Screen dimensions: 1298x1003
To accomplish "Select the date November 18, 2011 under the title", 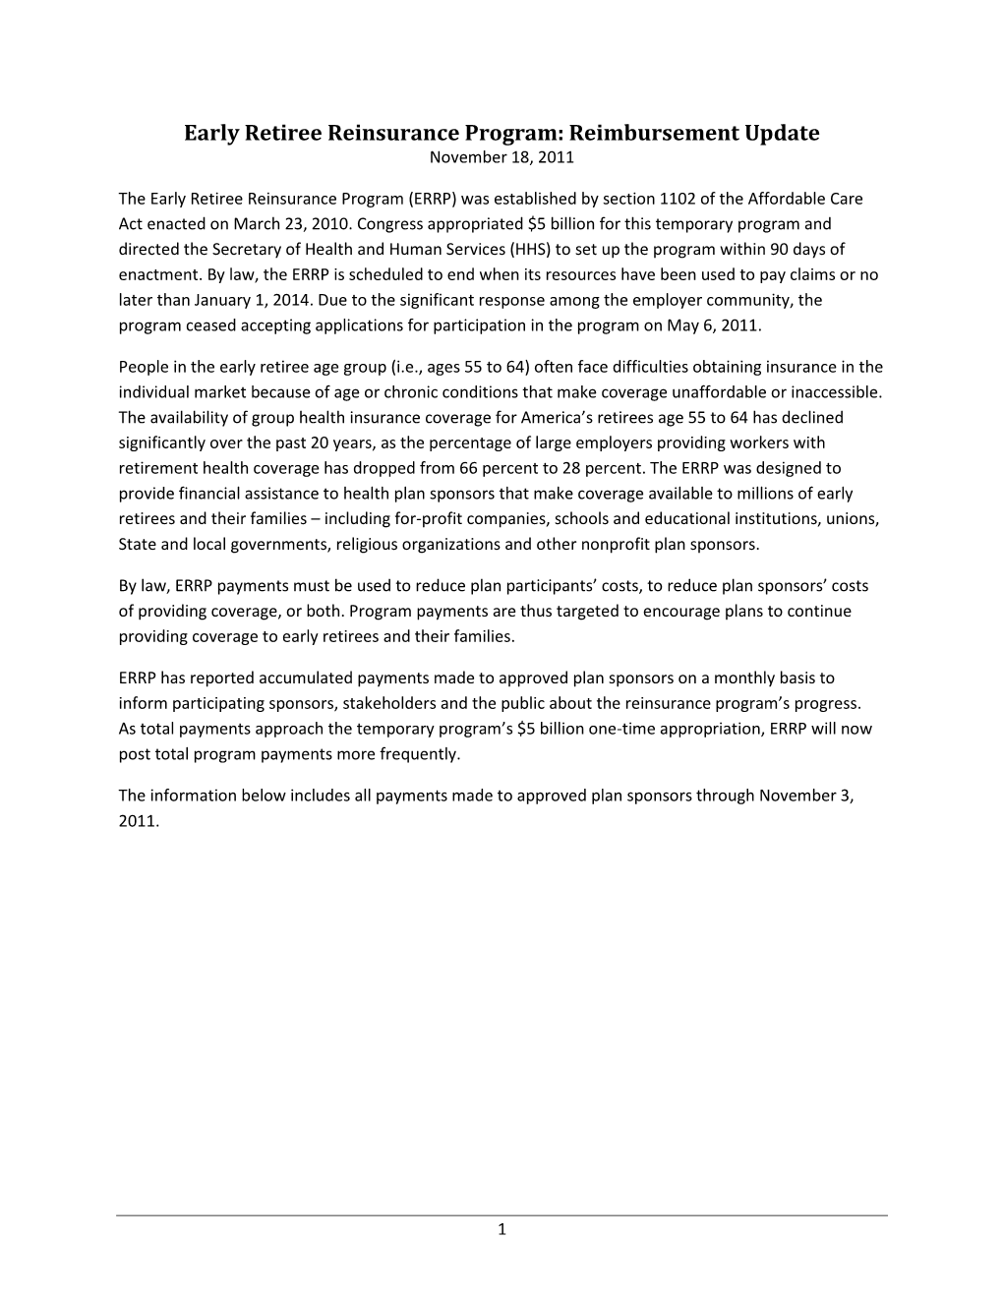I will click(501, 156).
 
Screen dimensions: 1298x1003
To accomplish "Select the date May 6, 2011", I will click(721, 325).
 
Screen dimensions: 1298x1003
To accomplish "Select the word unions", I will click(852, 519).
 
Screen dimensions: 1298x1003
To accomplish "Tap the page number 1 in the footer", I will click(501, 1229).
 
